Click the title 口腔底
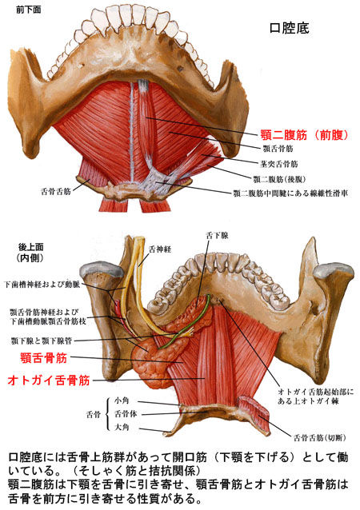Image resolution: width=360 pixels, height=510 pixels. click(x=289, y=28)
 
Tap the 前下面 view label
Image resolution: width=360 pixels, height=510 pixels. click(x=29, y=10)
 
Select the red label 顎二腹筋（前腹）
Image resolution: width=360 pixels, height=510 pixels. click(x=305, y=134)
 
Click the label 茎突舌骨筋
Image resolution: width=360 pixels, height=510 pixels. click(x=279, y=164)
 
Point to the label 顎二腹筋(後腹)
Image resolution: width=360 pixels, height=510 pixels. click(x=280, y=179)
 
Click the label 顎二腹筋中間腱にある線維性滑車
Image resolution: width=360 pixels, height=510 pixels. click(x=290, y=193)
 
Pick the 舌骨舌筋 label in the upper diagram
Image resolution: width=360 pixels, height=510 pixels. click(x=56, y=191)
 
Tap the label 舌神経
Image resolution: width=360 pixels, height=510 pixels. click(x=160, y=249)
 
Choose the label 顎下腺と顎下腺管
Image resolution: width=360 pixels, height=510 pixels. click(x=42, y=341)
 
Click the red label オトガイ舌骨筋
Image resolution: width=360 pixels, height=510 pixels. click(x=49, y=380)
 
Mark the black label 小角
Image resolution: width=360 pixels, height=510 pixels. click(x=122, y=400)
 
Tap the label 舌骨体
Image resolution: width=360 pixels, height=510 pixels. click(x=126, y=414)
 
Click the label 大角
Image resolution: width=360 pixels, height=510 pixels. click(x=122, y=427)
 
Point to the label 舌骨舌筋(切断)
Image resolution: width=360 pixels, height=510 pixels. click(x=320, y=438)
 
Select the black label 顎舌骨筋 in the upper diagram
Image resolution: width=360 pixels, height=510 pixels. click(x=278, y=149)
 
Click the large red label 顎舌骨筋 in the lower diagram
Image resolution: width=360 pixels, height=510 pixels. click(x=44, y=358)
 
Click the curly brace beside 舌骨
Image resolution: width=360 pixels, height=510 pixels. click(x=107, y=414)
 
